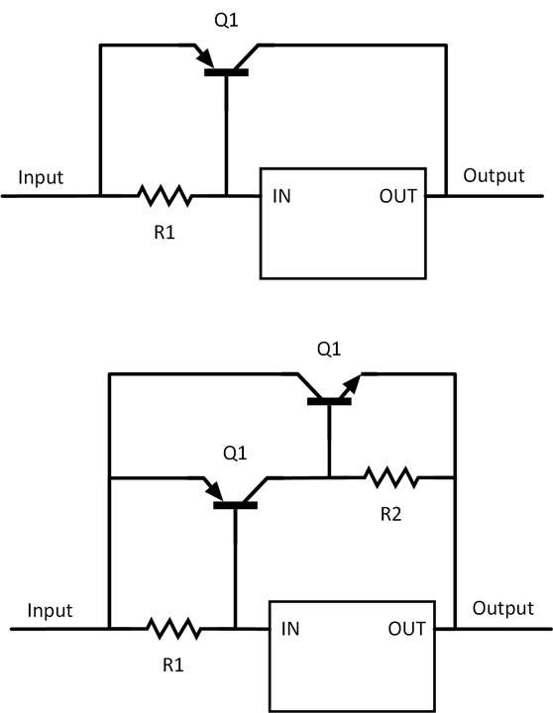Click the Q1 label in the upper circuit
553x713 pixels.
pos(226,21)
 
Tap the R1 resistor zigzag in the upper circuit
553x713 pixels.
pos(165,195)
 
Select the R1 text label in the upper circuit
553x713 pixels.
pos(165,233)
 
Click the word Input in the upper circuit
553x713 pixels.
pos(41,177)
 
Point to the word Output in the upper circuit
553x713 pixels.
pos(494,175)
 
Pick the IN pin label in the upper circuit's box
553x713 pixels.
pos(281,196)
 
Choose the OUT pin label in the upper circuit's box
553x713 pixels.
pos(397,196)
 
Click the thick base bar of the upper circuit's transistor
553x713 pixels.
pos(226,72)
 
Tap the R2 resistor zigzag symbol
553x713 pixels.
pos(391,477)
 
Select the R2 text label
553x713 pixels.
pos(391,514)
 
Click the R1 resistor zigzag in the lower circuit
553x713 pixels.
pos(173,629)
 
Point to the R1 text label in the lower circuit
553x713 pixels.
pos(173,665)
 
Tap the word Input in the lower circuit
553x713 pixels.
pos(50,610)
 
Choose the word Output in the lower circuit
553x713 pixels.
pos(502,608)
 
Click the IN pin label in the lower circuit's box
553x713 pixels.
pos(290,629)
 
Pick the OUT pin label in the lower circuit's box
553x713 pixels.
pos(407,629)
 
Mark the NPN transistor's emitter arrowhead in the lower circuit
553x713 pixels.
pos(352,384)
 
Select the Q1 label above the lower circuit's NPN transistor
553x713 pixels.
pos(329,350)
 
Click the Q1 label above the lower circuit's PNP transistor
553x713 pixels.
pos(235,454)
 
